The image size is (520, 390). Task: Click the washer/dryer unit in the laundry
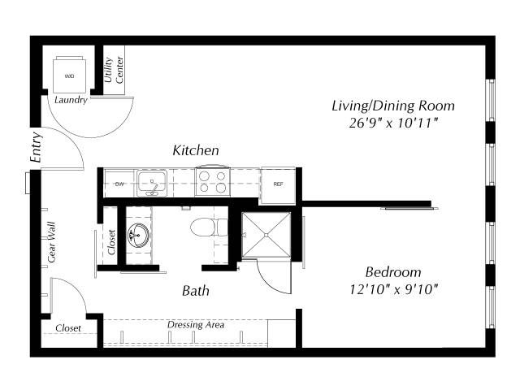(69, 75)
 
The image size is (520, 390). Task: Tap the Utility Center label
(114, 70)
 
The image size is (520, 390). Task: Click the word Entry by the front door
(36, 147)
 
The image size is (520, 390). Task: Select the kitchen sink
(152, 183)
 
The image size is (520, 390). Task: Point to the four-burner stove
(213, 181)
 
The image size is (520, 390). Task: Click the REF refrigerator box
(278, 185)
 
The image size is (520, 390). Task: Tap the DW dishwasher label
(119, 184)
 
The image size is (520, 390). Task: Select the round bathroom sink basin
(139, 235)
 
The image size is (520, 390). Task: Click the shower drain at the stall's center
(266, 235)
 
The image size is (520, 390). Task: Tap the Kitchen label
(196, 150)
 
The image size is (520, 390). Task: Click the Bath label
(196, 291)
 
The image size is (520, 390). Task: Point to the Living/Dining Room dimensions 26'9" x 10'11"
(393, 123)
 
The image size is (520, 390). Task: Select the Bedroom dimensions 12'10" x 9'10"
(393, 290)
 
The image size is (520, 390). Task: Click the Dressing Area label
(196, 324)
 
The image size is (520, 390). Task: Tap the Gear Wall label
(52, 242)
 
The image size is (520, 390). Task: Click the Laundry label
(71, 100)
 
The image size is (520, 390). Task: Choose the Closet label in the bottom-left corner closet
(68, 328)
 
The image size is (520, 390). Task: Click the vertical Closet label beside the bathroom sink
(111, 242)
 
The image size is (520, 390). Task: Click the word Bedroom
(393, 272)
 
